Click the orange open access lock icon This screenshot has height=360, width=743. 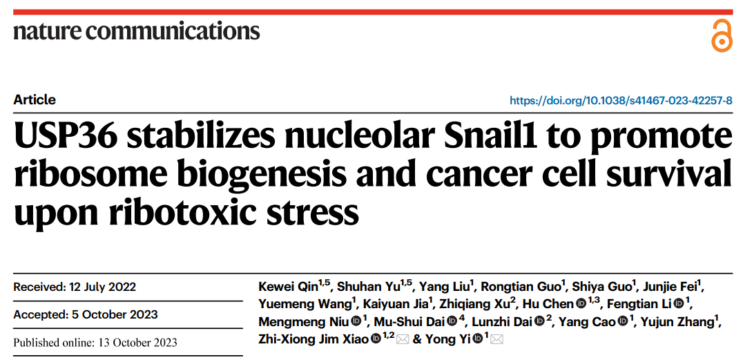[722, 35]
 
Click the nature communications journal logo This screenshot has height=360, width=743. [137, 31]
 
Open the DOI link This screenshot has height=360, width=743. [621, 100]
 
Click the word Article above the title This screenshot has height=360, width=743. [35, 100]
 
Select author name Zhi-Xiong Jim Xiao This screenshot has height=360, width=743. [313, 339]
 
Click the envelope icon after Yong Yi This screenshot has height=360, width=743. [496, 339]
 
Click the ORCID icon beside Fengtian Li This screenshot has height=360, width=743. [679, 304]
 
